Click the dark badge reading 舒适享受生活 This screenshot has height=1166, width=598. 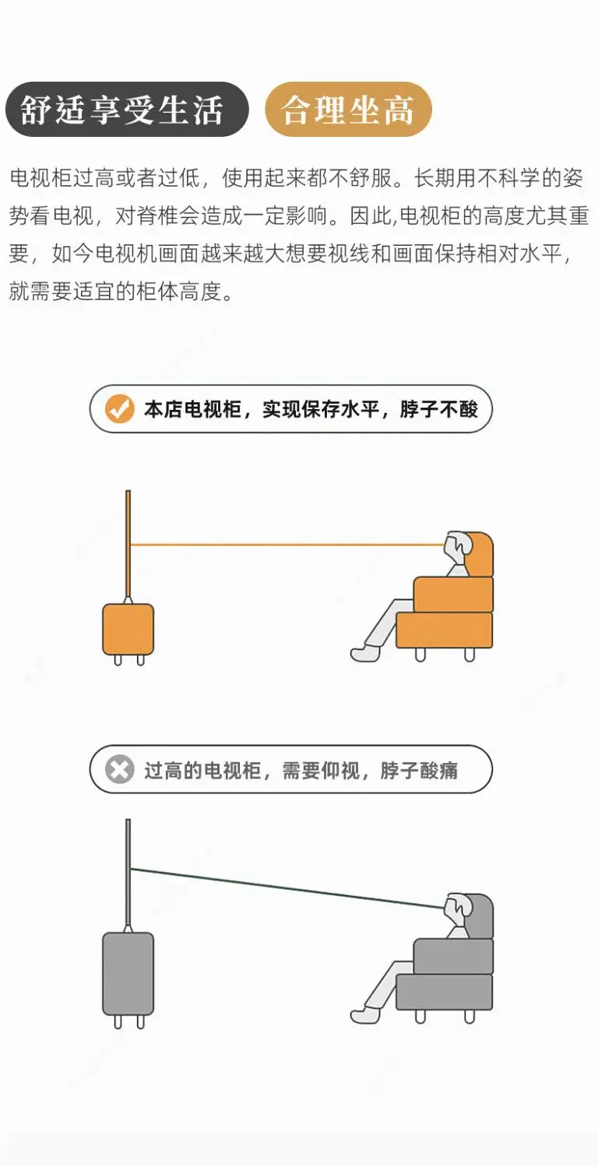(x=127, y=110)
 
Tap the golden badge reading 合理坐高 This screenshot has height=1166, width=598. (x=349, y=110)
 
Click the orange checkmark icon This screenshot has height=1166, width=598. (x=119, y=408)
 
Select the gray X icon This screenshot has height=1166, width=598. (x=119, y=769)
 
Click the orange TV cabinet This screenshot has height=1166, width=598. (x=128, y=629)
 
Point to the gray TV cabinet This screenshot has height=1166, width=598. (x=128, y=973)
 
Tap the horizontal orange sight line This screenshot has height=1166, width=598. (x=287, y=545)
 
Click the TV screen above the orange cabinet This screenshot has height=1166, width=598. (x=128, y=543)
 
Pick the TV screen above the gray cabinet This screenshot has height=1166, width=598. (x=128, y=872)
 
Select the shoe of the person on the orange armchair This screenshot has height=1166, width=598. (x=365, y=653)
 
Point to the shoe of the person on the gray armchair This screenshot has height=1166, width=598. (x=365, y=1015)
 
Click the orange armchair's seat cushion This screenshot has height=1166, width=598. (x=445, y=630)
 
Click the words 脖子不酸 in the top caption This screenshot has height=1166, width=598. (x=438, y=409)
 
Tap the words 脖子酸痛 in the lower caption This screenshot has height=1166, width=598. (x=420, y=770)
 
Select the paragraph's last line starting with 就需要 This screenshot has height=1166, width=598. (x=121, y=291)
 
